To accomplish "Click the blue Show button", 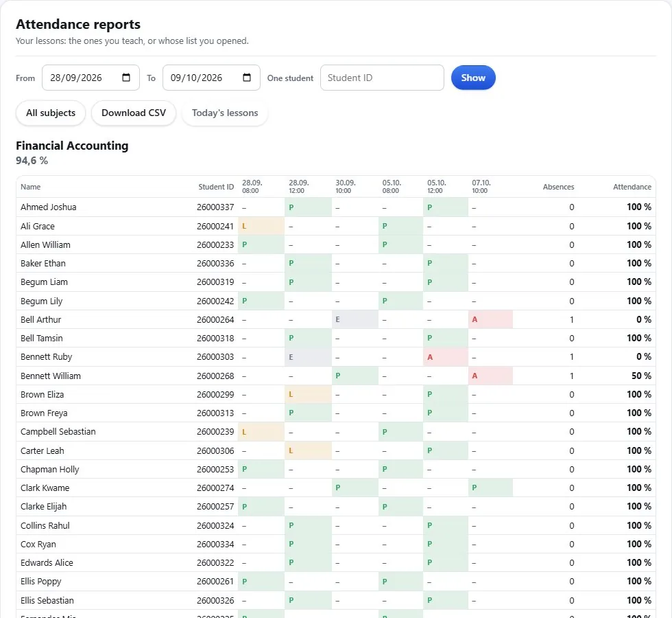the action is pos(473,78).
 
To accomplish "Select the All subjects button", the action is pos(51,113).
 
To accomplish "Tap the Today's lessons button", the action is pos(225,113).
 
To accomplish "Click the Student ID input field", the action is pos(382,78).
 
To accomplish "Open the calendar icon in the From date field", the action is pos(126,77).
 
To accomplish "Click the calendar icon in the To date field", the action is pos(247,77).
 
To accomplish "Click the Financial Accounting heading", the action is pos(72,146).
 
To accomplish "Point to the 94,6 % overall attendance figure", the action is pos(32,161).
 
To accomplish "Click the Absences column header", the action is pos(558,187).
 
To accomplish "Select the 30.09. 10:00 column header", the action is pos(346,187).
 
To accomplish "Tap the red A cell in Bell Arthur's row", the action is pos(490,320).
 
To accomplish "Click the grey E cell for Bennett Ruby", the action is pos(308,357).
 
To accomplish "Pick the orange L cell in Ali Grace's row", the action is pos(261,226).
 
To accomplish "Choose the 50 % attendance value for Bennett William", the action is pos(641,376).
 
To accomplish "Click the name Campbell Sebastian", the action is pos(58,432).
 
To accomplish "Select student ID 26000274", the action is pos(215,488).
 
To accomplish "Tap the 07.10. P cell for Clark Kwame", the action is pos(490,488).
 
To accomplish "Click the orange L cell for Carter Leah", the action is pos(308,450).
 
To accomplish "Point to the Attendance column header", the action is pos(632,187).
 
